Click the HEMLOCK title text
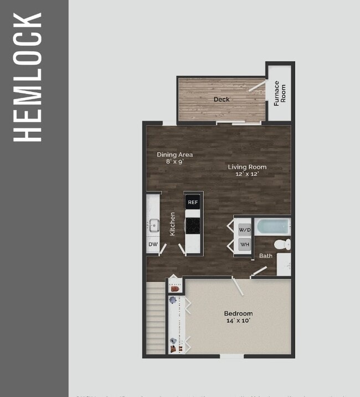click(x=28, y=77)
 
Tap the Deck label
click(x=222, y=100)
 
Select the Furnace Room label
click(x=280, y=92)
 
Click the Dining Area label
click(x=174, y=154)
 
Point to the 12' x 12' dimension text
click(x=247, y=174)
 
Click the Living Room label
click(x=247, y=167)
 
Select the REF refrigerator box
click(x=193, y=202)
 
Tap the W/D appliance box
click(x=245, y=229)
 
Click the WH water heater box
click(x=245, y=244)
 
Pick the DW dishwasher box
click(x=153, y=244)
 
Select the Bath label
click(x=266, y=256)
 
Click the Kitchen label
click(x=173, y=224)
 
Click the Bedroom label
click(x=238, y=313)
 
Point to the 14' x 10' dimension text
click(x=238, y=321)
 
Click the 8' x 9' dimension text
click(x=174, y=162)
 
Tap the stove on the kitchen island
click(x=193, y=225)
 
